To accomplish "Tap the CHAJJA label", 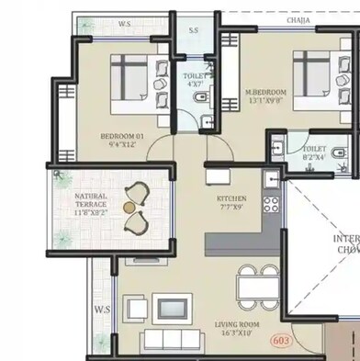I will tap(298, 18).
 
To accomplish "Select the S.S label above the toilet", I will tap(194, 31).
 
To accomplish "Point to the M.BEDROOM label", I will tap(265, 93).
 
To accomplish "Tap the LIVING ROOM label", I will tap(236, 324).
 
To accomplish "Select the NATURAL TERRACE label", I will tap(91, 200).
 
